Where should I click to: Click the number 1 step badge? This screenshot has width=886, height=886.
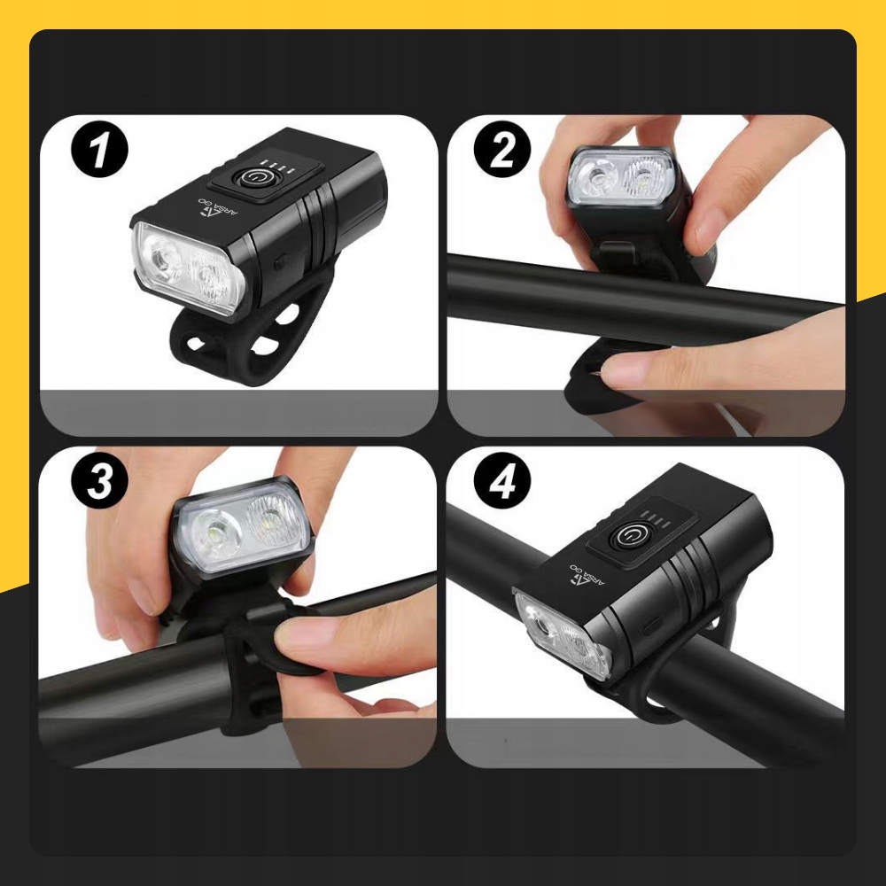99,151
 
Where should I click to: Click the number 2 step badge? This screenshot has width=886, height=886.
502,151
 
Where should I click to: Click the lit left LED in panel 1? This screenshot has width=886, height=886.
164,260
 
